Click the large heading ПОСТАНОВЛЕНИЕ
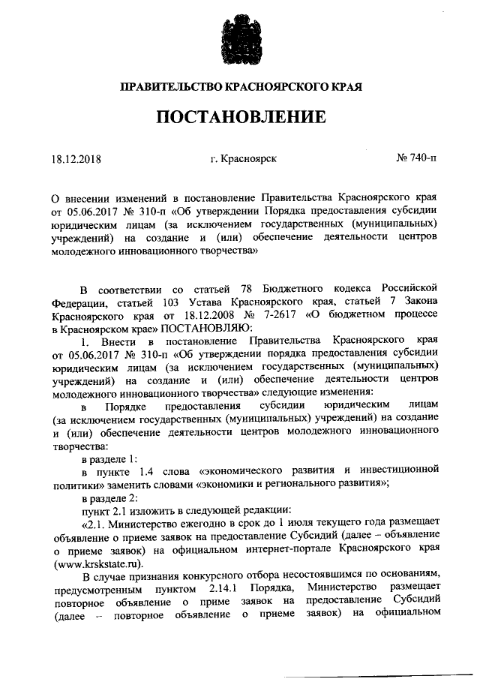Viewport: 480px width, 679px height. click(x=241, y=117)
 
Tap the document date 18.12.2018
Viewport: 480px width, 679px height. click(x=76, y=159)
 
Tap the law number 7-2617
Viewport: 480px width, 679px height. click(x=266, y=316)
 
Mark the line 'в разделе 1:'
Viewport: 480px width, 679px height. click(x=109, y=458)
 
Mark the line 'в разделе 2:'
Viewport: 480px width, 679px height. click(x=109, y=497)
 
